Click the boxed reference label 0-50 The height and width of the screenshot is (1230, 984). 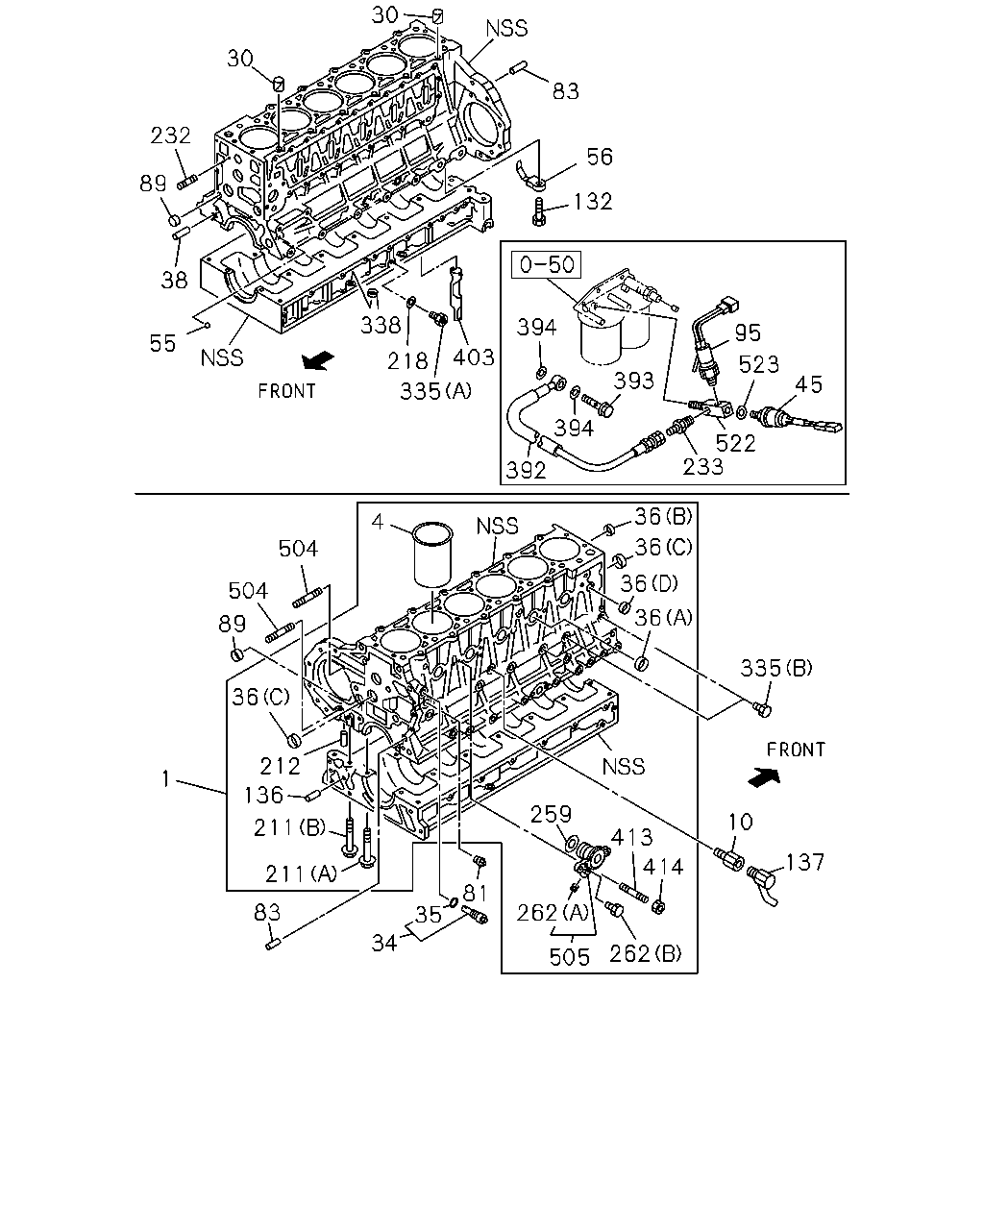546,264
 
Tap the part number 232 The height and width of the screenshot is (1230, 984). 170,135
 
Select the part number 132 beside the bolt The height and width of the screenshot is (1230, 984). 593,201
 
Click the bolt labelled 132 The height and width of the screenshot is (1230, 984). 538,211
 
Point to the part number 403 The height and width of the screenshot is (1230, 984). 474,357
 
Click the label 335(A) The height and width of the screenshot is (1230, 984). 435,391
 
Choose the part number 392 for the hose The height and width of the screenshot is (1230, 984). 526,470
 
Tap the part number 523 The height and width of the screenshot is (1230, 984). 759,364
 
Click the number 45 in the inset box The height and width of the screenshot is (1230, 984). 808,384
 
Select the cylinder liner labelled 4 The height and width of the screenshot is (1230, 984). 432,553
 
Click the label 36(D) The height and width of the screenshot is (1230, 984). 649,583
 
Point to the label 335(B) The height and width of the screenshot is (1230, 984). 776,668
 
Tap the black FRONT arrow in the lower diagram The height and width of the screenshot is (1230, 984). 764,777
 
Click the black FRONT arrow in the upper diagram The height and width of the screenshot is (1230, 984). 318,360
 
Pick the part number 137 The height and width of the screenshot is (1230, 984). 805,862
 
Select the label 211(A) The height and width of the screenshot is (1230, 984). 302,873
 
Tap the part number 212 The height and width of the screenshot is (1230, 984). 281,765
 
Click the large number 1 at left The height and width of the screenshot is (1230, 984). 166,778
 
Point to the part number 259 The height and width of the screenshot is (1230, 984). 551,814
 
